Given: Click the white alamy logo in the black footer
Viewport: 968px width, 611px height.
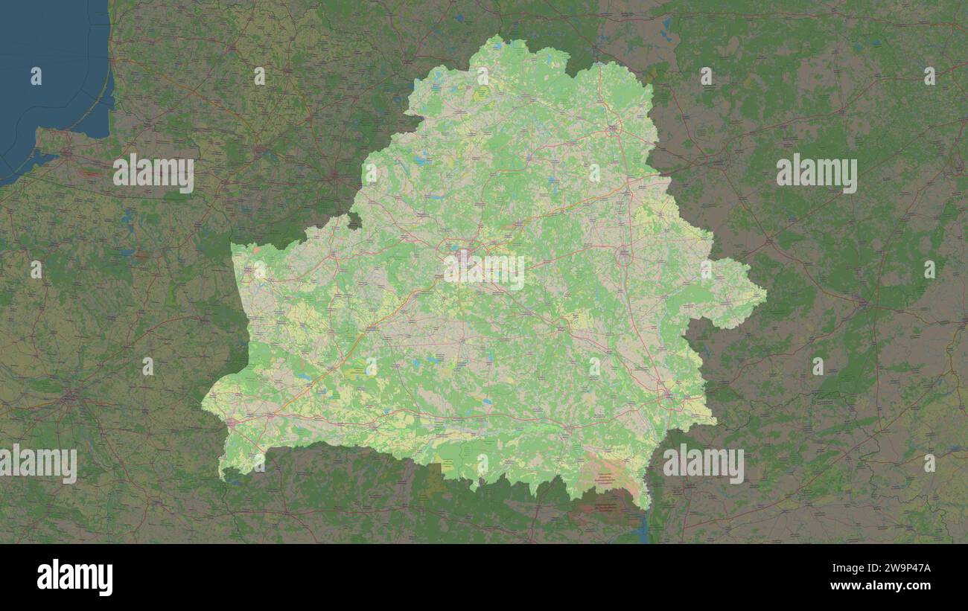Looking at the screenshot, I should (74, 578).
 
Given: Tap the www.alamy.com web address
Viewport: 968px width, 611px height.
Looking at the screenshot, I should (880, 586).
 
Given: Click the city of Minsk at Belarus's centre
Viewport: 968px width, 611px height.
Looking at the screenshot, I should (463, 257).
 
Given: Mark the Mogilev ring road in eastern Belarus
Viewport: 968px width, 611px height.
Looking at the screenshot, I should (624, 257).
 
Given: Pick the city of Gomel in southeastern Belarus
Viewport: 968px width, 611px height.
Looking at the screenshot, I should (665, 391).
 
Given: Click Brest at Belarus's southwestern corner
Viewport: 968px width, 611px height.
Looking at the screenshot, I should (230, 423).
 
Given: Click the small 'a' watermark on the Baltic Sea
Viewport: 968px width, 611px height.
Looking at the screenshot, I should (36, 75).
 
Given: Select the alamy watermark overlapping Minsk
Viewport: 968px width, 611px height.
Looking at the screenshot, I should (484, 272).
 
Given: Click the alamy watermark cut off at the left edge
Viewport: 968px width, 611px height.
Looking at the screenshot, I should (37, 464).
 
